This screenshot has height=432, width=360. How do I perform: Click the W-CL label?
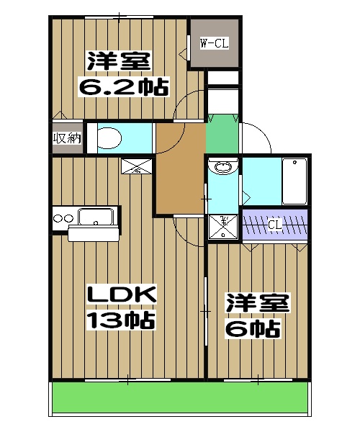click(214, 44)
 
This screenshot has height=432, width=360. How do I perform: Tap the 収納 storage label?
click(66, 138)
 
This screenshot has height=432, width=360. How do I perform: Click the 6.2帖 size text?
click(123, 88)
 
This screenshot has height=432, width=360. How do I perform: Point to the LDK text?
click(122, 296)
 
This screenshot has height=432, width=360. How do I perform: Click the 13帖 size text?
click(122, 320)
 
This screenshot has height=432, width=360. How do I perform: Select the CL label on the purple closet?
click(274, 225)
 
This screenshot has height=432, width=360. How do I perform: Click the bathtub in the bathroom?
click(295, 181)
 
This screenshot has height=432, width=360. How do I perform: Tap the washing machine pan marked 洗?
click(224, 225)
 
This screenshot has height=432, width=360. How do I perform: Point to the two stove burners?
click(62, 217)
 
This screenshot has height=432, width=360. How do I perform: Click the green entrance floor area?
click(222, 135)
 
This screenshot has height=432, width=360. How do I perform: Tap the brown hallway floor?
click(180, 169)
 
